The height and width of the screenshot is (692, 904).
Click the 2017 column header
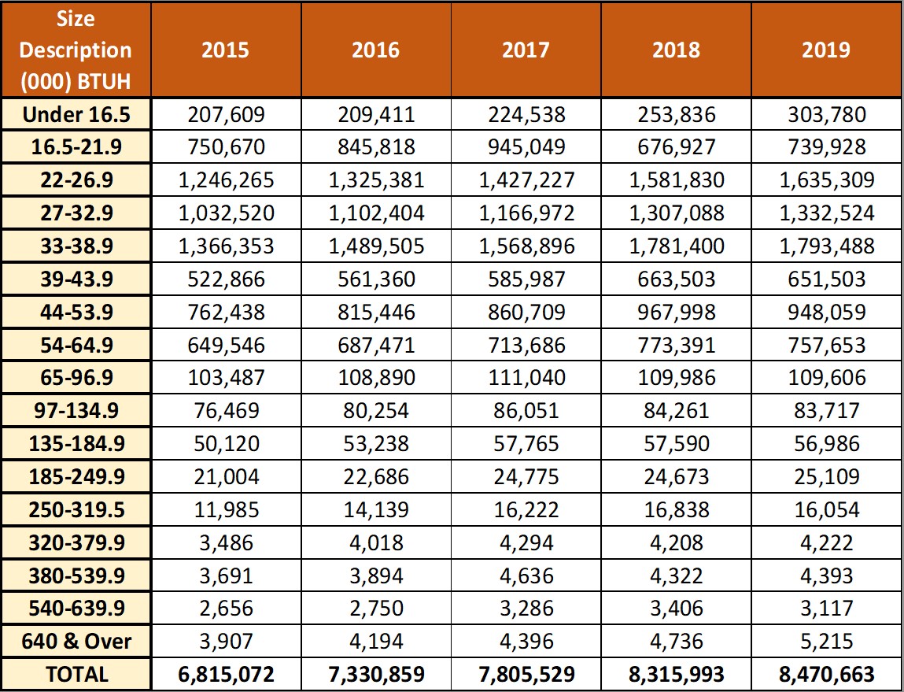pos(526,50)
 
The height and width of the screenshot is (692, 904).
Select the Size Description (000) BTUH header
pos(76,50)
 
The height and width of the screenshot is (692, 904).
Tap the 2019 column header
pos(826,50)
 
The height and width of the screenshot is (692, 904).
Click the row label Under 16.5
pos(76,114)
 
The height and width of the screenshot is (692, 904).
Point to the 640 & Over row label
pos(76,642)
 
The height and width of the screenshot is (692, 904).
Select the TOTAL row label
pos(76,674)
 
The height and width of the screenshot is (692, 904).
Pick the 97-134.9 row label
pos(76,411)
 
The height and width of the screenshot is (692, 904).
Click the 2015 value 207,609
pos(226,114)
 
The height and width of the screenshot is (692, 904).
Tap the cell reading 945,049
pos(526,147)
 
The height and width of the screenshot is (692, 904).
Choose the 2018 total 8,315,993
pos(677,674)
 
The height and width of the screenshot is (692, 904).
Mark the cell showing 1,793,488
pos(827,246)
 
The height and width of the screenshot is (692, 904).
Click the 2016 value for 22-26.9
pos(377,180)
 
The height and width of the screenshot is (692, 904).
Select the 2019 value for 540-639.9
pos(827,609)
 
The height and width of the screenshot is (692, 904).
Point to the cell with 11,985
pos(226,510)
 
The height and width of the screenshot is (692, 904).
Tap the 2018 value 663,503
pos(677,279)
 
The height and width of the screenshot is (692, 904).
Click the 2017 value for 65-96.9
pos(526,378)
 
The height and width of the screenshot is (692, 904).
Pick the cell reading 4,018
pos(377,542)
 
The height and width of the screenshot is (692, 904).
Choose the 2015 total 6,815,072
pos(226,674)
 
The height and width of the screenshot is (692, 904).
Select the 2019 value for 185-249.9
pos(827,477)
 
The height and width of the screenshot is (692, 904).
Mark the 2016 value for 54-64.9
pos(377,345)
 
